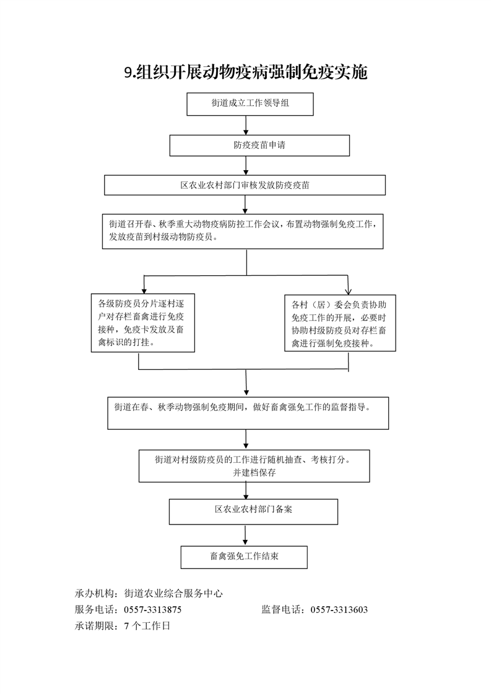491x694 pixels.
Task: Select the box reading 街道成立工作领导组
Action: click(x=250, y=104)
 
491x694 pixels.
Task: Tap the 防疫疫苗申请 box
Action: click(x=259, y=145)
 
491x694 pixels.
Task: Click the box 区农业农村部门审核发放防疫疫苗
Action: click(x=245, y=185)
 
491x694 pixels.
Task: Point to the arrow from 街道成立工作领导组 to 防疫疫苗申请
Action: click(x=246, y=126)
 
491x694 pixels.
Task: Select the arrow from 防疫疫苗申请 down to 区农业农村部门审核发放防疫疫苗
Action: click(x=246, y=166)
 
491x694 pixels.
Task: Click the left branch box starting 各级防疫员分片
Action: click(x=142, y=323)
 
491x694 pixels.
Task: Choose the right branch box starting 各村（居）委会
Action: click(x=340, y=323)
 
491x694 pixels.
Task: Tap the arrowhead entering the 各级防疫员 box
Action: click(x=144, y=290)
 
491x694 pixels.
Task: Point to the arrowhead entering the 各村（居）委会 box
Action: click(x=349, y=291)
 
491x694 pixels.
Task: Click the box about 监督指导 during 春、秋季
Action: click(x=248, y=413)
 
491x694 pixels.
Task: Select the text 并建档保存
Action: click(x=254, y=473)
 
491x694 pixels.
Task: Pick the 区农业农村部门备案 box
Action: click(x=253, y=512)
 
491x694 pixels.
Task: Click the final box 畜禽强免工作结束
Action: click(x=244, y=557)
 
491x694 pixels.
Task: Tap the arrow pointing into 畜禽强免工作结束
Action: click(x=245, y=535)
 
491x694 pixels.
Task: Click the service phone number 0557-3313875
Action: click(x=153, y=610)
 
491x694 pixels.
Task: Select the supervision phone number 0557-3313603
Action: click(x=339, y=610)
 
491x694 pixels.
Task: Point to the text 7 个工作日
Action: click(x=147, y=626)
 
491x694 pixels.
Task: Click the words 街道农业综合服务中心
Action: click(x=173, y=594)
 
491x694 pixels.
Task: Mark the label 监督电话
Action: click(x=280, y=610)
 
